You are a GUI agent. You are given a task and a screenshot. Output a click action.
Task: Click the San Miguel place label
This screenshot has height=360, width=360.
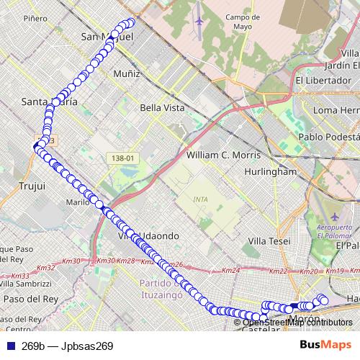(108, 36)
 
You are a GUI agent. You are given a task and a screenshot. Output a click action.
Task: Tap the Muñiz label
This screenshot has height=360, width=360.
(127, 73)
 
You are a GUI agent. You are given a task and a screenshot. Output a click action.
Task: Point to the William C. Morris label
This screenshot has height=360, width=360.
(228, 155)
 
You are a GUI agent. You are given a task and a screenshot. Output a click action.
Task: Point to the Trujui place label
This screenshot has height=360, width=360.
(32, 186)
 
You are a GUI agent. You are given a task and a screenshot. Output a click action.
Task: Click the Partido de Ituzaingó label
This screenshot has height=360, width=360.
(163, 289)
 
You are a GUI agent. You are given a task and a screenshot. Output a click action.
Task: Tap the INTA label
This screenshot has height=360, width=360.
(201, 199)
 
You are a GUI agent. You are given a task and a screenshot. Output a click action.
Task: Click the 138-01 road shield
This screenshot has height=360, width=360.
(124, 158)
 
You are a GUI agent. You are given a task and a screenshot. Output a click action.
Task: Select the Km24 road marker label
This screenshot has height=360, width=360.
(230, 271)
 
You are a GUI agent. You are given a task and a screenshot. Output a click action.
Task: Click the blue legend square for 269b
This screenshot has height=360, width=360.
(9, 346)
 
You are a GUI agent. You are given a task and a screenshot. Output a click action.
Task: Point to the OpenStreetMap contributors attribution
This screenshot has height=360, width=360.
(296, 322)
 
